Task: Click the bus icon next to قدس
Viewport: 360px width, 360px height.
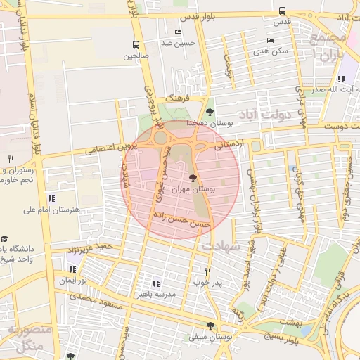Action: (282, 11)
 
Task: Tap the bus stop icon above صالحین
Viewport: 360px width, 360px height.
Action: (135, 44)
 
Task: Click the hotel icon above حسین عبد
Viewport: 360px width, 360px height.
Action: (177, 32)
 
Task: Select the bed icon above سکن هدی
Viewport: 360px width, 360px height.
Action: (271, 41)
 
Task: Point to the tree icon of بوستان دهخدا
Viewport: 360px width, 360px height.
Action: (210, 112)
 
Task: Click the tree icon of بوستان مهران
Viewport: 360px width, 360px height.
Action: (193, 179)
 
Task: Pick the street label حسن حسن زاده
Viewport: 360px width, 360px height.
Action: (183, 221)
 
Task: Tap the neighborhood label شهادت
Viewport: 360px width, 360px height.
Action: (220, 246)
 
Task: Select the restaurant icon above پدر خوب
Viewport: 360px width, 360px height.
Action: (207, 271)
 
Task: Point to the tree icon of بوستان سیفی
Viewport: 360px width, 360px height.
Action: (210, 326)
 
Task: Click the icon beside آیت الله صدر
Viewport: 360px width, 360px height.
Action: (342, 79)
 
